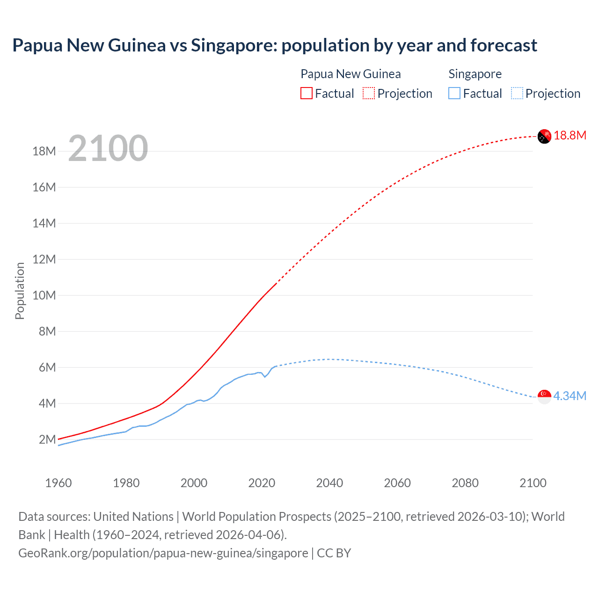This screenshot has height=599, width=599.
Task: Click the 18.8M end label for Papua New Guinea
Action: click(x=570, y=136)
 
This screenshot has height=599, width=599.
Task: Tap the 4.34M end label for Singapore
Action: click(x=570, y=396)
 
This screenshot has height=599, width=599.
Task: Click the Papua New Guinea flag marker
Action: click(x=544, y=136)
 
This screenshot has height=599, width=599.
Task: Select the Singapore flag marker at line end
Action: click(x=544, y=396)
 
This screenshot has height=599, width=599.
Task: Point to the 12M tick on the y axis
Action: click(x=44, y=259)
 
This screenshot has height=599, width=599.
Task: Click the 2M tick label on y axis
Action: click(x=47, y=439)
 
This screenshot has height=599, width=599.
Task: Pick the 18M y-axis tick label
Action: click(x=44, y=151)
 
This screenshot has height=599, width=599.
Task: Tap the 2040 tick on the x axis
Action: click(x=329, y=483)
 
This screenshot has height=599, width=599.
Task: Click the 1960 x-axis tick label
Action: click(x=58, y=483)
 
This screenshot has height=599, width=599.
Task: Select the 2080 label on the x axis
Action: click(x=465, y=483)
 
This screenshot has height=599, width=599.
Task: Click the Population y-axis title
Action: click(x=20, y=291)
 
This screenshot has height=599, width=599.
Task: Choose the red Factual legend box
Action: click(x=307, y=93)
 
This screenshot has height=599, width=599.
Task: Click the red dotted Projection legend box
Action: click(x=369, y=93)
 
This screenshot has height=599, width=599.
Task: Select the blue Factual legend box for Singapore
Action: click(x=454, y=93)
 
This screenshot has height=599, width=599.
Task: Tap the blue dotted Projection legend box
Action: click(x=517, y=93)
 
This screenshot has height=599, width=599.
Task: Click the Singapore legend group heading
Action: click(x=475, y=74)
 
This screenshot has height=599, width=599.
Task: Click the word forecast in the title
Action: click(x=504, y=45)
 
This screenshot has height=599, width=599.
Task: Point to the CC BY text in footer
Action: click(x=334, y=553)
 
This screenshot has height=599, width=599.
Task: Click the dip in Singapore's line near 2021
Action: click(x=265, y=376)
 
